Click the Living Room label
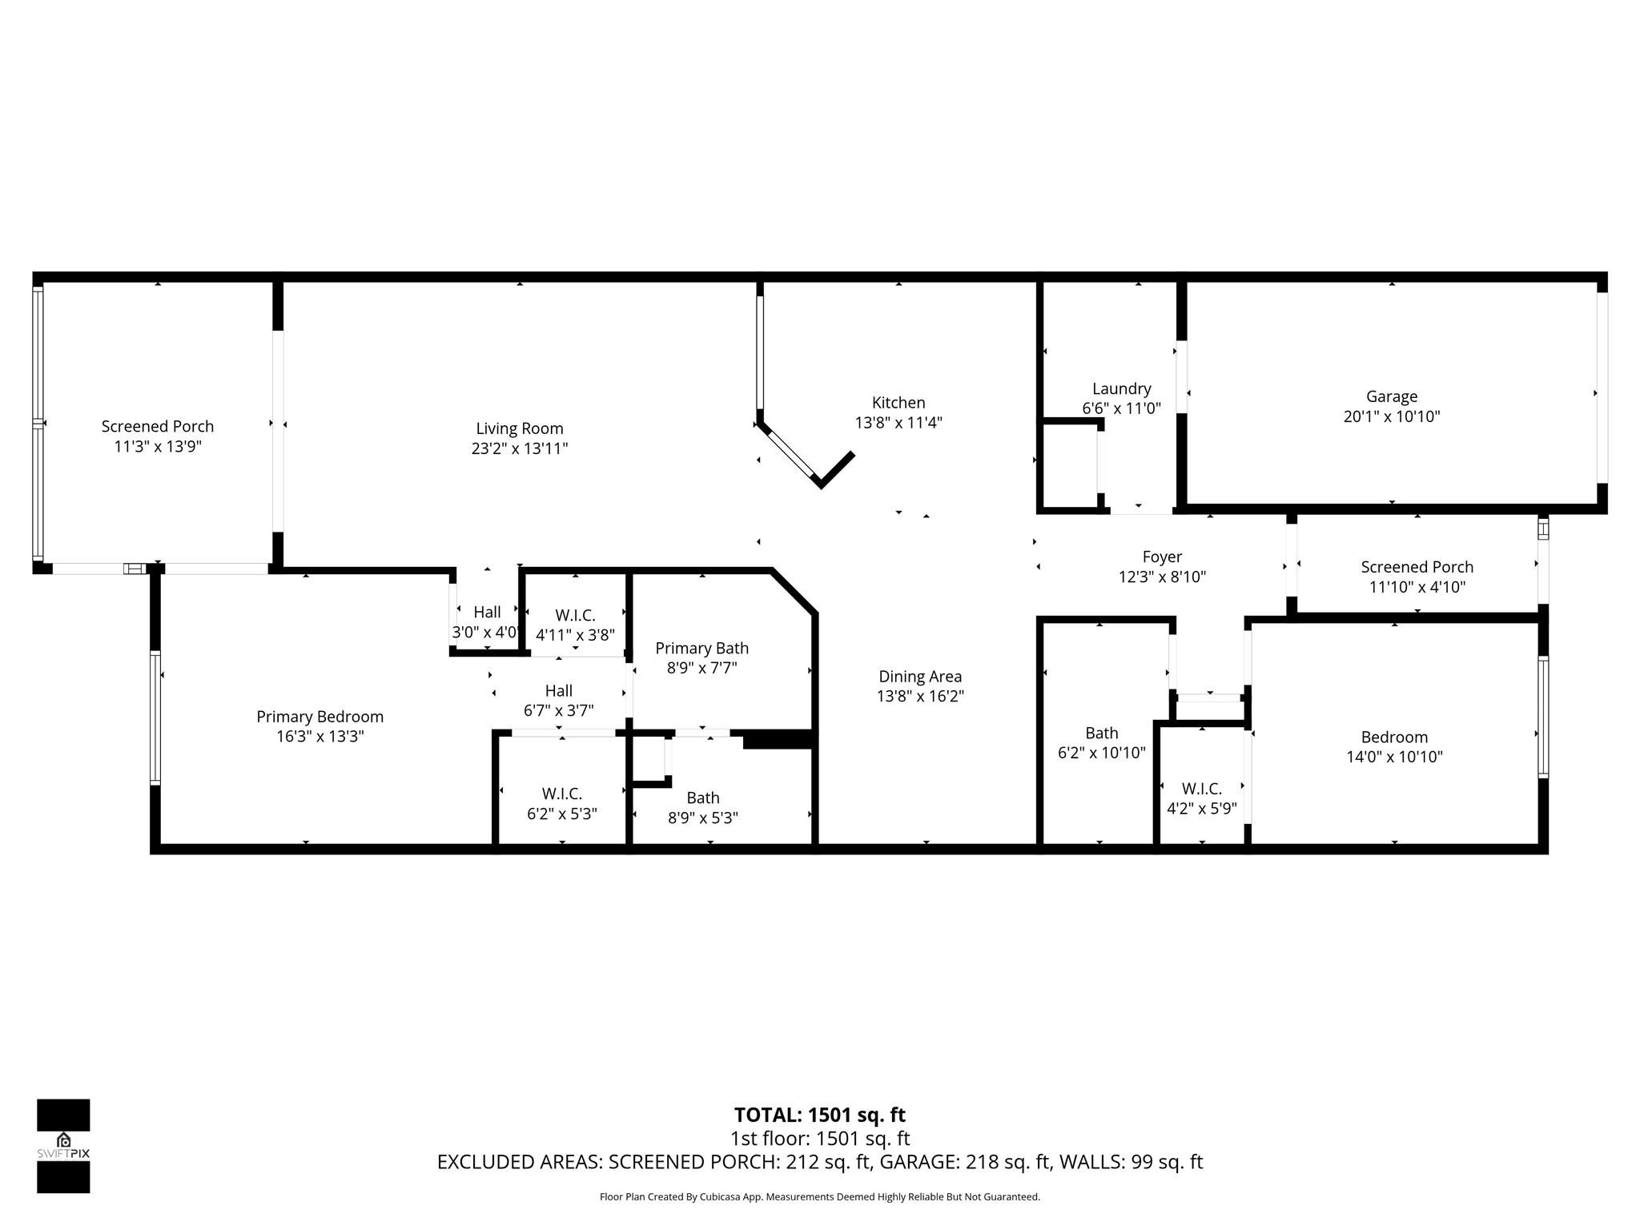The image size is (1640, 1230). pyautogui.click(x=519, y=429)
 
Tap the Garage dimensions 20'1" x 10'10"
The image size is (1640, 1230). pyautogui.click(x=1392, y=416)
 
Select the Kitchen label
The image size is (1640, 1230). pyautogui.click(x=898, y=403)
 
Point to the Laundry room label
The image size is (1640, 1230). pyautogui.click(x=1121, y=389)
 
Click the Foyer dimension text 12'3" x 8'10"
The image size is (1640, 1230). pyautogui.click(x=1162, y=577)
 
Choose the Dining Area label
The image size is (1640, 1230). pyautogui.click(x=920, y=677)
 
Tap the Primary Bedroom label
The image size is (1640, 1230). pyautogui.click(x=320, y=717)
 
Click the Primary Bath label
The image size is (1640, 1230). pyautogui.click(x=701, y=648)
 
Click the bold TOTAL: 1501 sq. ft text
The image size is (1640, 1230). pyautogui.click(x=819, y=1115)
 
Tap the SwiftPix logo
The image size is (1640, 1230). pyautogui.click(x=63, y=1146)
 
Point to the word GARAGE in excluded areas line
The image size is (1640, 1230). pyautogui.click(x=913, y=1162)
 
